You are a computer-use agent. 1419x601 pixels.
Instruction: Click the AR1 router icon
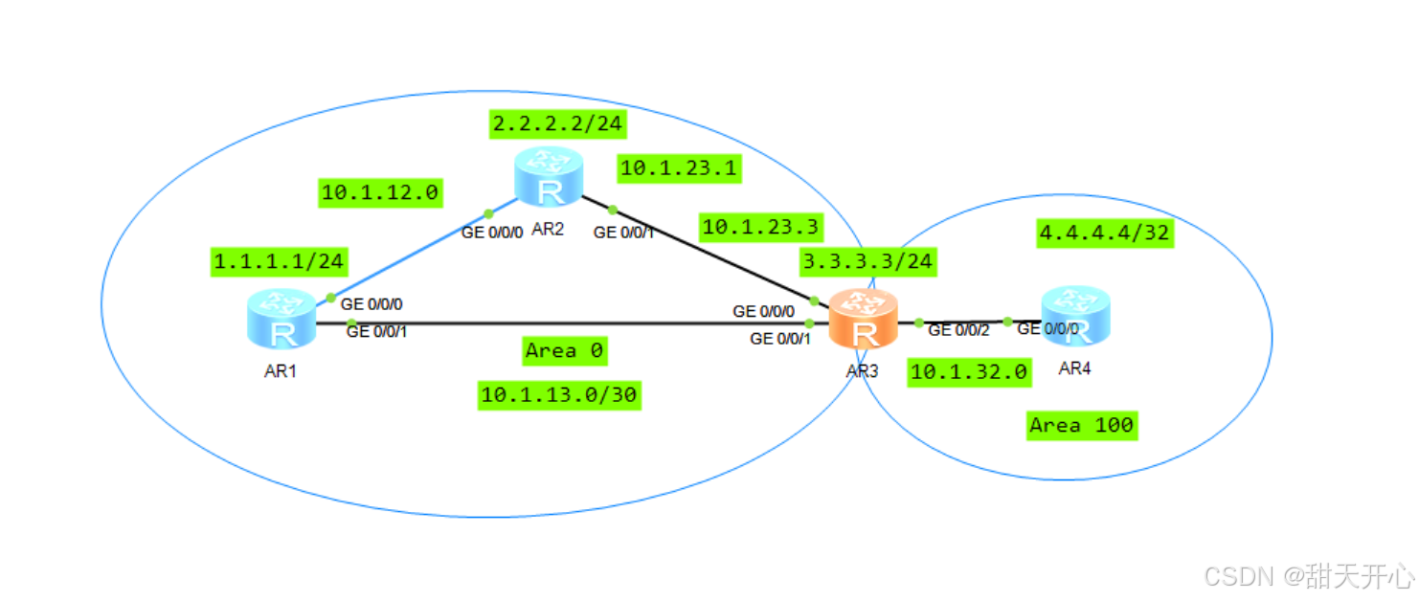tap(282, 318)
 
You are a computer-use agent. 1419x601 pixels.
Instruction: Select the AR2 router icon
tap(549, 177)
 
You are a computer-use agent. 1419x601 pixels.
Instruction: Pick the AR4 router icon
tap(1075, 315)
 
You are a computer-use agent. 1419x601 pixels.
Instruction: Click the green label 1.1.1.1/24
tap(279, 260)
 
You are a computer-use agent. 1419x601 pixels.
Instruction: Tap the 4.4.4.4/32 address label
tap(1105, 232)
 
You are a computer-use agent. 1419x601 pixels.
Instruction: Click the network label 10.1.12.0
tap(379, 192)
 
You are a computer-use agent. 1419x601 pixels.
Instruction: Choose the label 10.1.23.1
tap(679, 168)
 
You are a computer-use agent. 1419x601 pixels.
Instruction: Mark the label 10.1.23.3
tap(760, 227)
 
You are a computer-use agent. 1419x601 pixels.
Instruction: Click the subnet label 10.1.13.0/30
tap(559, 394)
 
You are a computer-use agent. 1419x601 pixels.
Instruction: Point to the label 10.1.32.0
tap(969, 371)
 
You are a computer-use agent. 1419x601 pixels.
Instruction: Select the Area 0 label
tap(564, 351)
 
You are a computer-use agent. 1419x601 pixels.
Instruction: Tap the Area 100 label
tap(1081, 425)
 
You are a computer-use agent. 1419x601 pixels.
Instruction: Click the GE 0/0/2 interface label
tap(958, 330)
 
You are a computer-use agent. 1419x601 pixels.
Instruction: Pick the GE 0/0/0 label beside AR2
tap(492, 232)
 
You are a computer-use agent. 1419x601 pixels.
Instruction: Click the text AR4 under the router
tap(1074, 368)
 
